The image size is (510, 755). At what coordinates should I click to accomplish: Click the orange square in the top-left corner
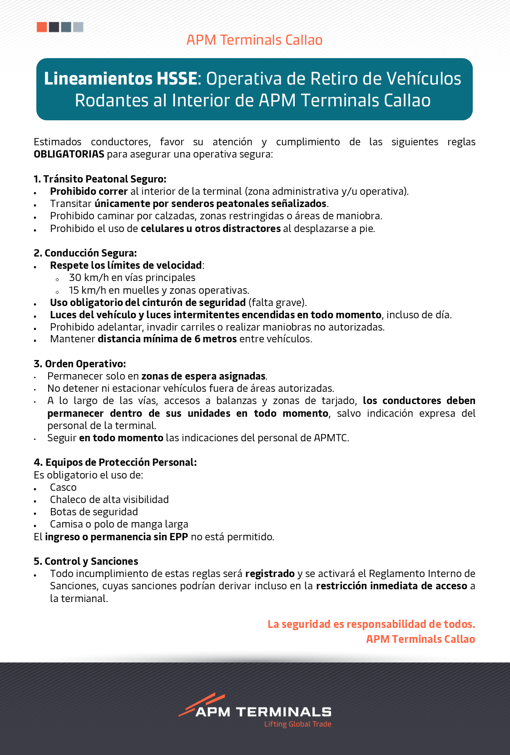[42, 27]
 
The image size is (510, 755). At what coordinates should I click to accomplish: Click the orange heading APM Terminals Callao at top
[254, 40]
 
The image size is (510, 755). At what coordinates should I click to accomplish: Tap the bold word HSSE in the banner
[177, 79]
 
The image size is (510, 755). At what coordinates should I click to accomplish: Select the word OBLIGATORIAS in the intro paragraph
[69, 154]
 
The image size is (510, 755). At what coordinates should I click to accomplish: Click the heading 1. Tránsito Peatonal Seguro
[100, 179]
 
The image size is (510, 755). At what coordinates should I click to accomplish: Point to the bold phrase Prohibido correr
[89, 191]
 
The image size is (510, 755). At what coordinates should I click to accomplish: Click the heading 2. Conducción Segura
[85, 253]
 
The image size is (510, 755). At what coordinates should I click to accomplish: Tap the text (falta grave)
[277, 302]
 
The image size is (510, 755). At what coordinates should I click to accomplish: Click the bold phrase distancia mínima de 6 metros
[167, 339]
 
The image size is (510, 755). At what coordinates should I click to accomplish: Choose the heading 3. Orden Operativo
[79, 364]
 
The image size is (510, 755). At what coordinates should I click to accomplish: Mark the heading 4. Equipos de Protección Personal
[115, 462]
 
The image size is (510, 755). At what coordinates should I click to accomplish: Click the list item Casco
[63, 488]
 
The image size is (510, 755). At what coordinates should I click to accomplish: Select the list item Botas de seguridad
[94, 512]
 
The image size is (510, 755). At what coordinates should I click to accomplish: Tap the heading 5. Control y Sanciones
[86, 561]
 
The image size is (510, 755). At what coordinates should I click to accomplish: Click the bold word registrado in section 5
[270, 574]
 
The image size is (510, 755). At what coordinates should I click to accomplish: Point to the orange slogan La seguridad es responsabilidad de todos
[371, 624]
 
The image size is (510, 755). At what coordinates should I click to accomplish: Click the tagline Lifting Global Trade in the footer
[297, 724]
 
